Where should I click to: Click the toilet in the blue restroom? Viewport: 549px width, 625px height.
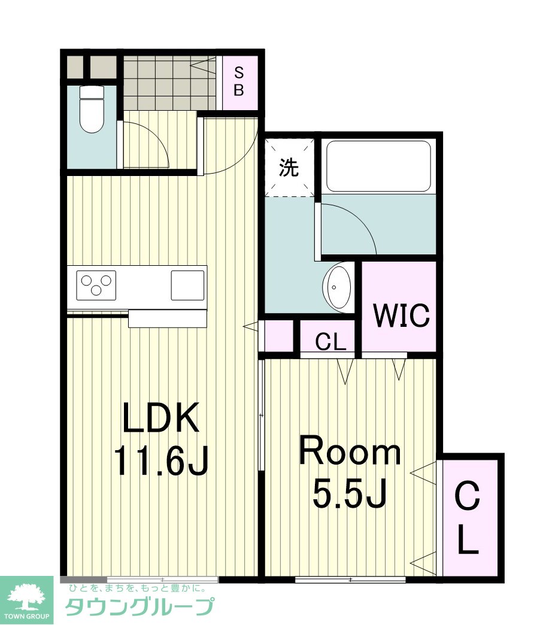pyautogui.click(x=92, y=109)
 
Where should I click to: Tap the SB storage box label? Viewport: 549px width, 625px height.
pyautogui.click(x=239, y=81)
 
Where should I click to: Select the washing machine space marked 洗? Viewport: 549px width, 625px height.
pyautogui.click(x=289, y=168)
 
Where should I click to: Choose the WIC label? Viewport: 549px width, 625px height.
pyautogui.click(x=402, y=315)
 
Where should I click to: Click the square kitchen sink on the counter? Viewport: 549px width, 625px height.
pyautogui.click(x=187, y=286)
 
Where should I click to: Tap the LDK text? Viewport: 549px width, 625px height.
pyautogui.click(x=161, y=418)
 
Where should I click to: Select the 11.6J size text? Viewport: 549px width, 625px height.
pyautogui.click(x=161, y=461)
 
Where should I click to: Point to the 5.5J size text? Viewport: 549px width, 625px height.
pyautogui.click(x=350, y=493)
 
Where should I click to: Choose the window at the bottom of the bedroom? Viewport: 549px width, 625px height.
pyautogui.click(x=350, y=579)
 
